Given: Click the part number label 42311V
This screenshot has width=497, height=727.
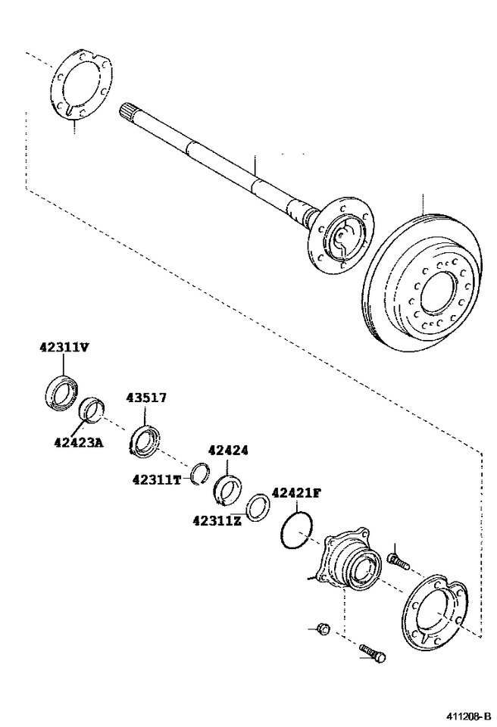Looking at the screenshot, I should point(64,348).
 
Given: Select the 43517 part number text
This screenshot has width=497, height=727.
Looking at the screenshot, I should point(146,398).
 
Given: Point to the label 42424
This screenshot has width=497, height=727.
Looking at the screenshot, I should point(227,450).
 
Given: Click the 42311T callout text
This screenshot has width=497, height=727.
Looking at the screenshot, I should point(157,479).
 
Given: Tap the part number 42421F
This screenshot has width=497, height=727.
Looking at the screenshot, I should point(296,492).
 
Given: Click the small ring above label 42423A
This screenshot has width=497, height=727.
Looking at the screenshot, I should point(92,410).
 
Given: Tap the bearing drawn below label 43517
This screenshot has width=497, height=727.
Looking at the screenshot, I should point(145,441).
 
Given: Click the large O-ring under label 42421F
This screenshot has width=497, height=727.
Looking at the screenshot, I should point(295,529).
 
